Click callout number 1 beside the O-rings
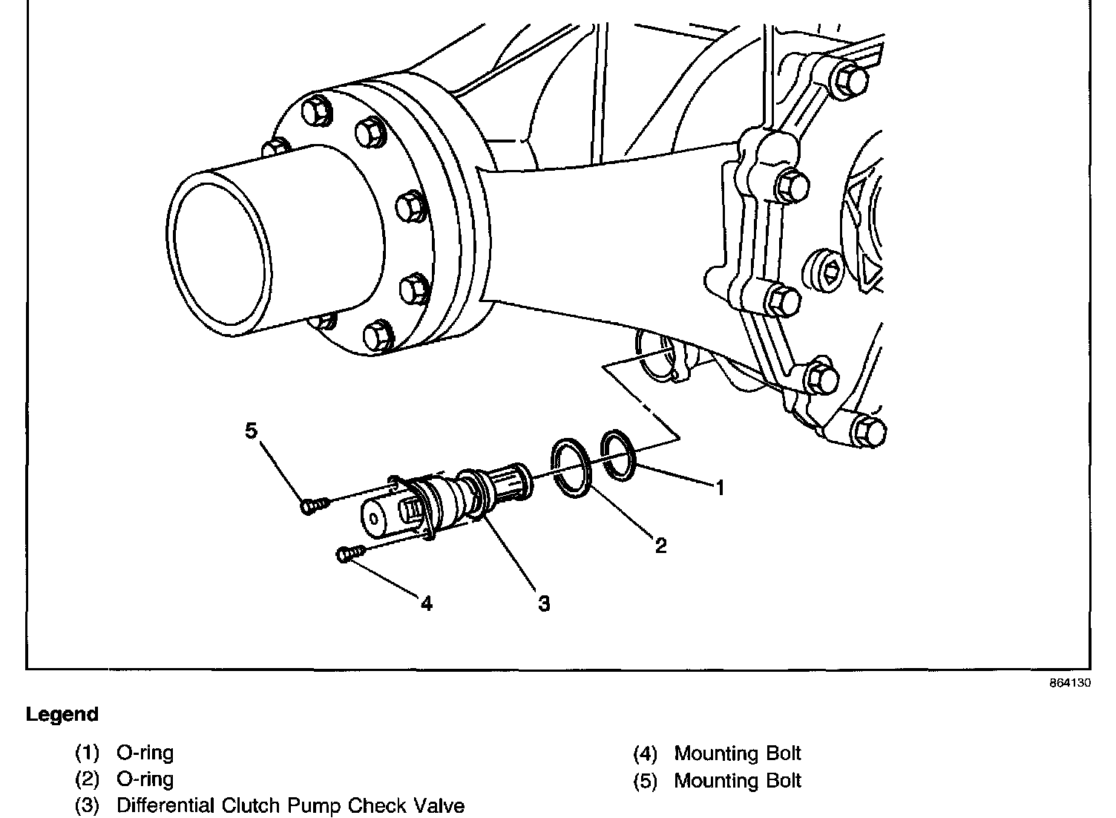[718, 488]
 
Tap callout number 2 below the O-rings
[660, 546]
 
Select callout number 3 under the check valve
[544, 603]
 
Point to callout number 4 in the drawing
[426, 603]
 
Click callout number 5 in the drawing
[252, 431]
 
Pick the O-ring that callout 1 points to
[619, 454]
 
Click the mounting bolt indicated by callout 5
[312, 505]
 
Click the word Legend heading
[62, 715]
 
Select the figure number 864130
[1069, 684]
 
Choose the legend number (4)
[646, 754]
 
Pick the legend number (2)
[88, 779]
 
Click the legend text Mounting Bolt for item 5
[738, 781]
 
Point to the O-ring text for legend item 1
[145, 753]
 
